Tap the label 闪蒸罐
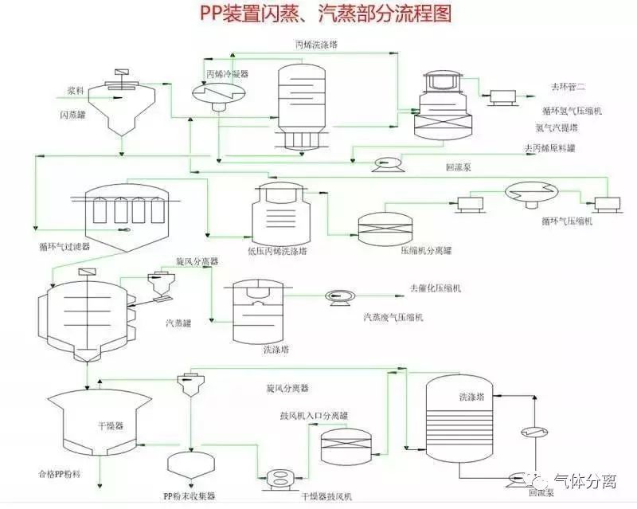[x=72, y=115]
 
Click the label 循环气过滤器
[x=64, y=247]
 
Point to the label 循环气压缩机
[x=566, y=221]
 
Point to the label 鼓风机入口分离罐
[x=313, y=416]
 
